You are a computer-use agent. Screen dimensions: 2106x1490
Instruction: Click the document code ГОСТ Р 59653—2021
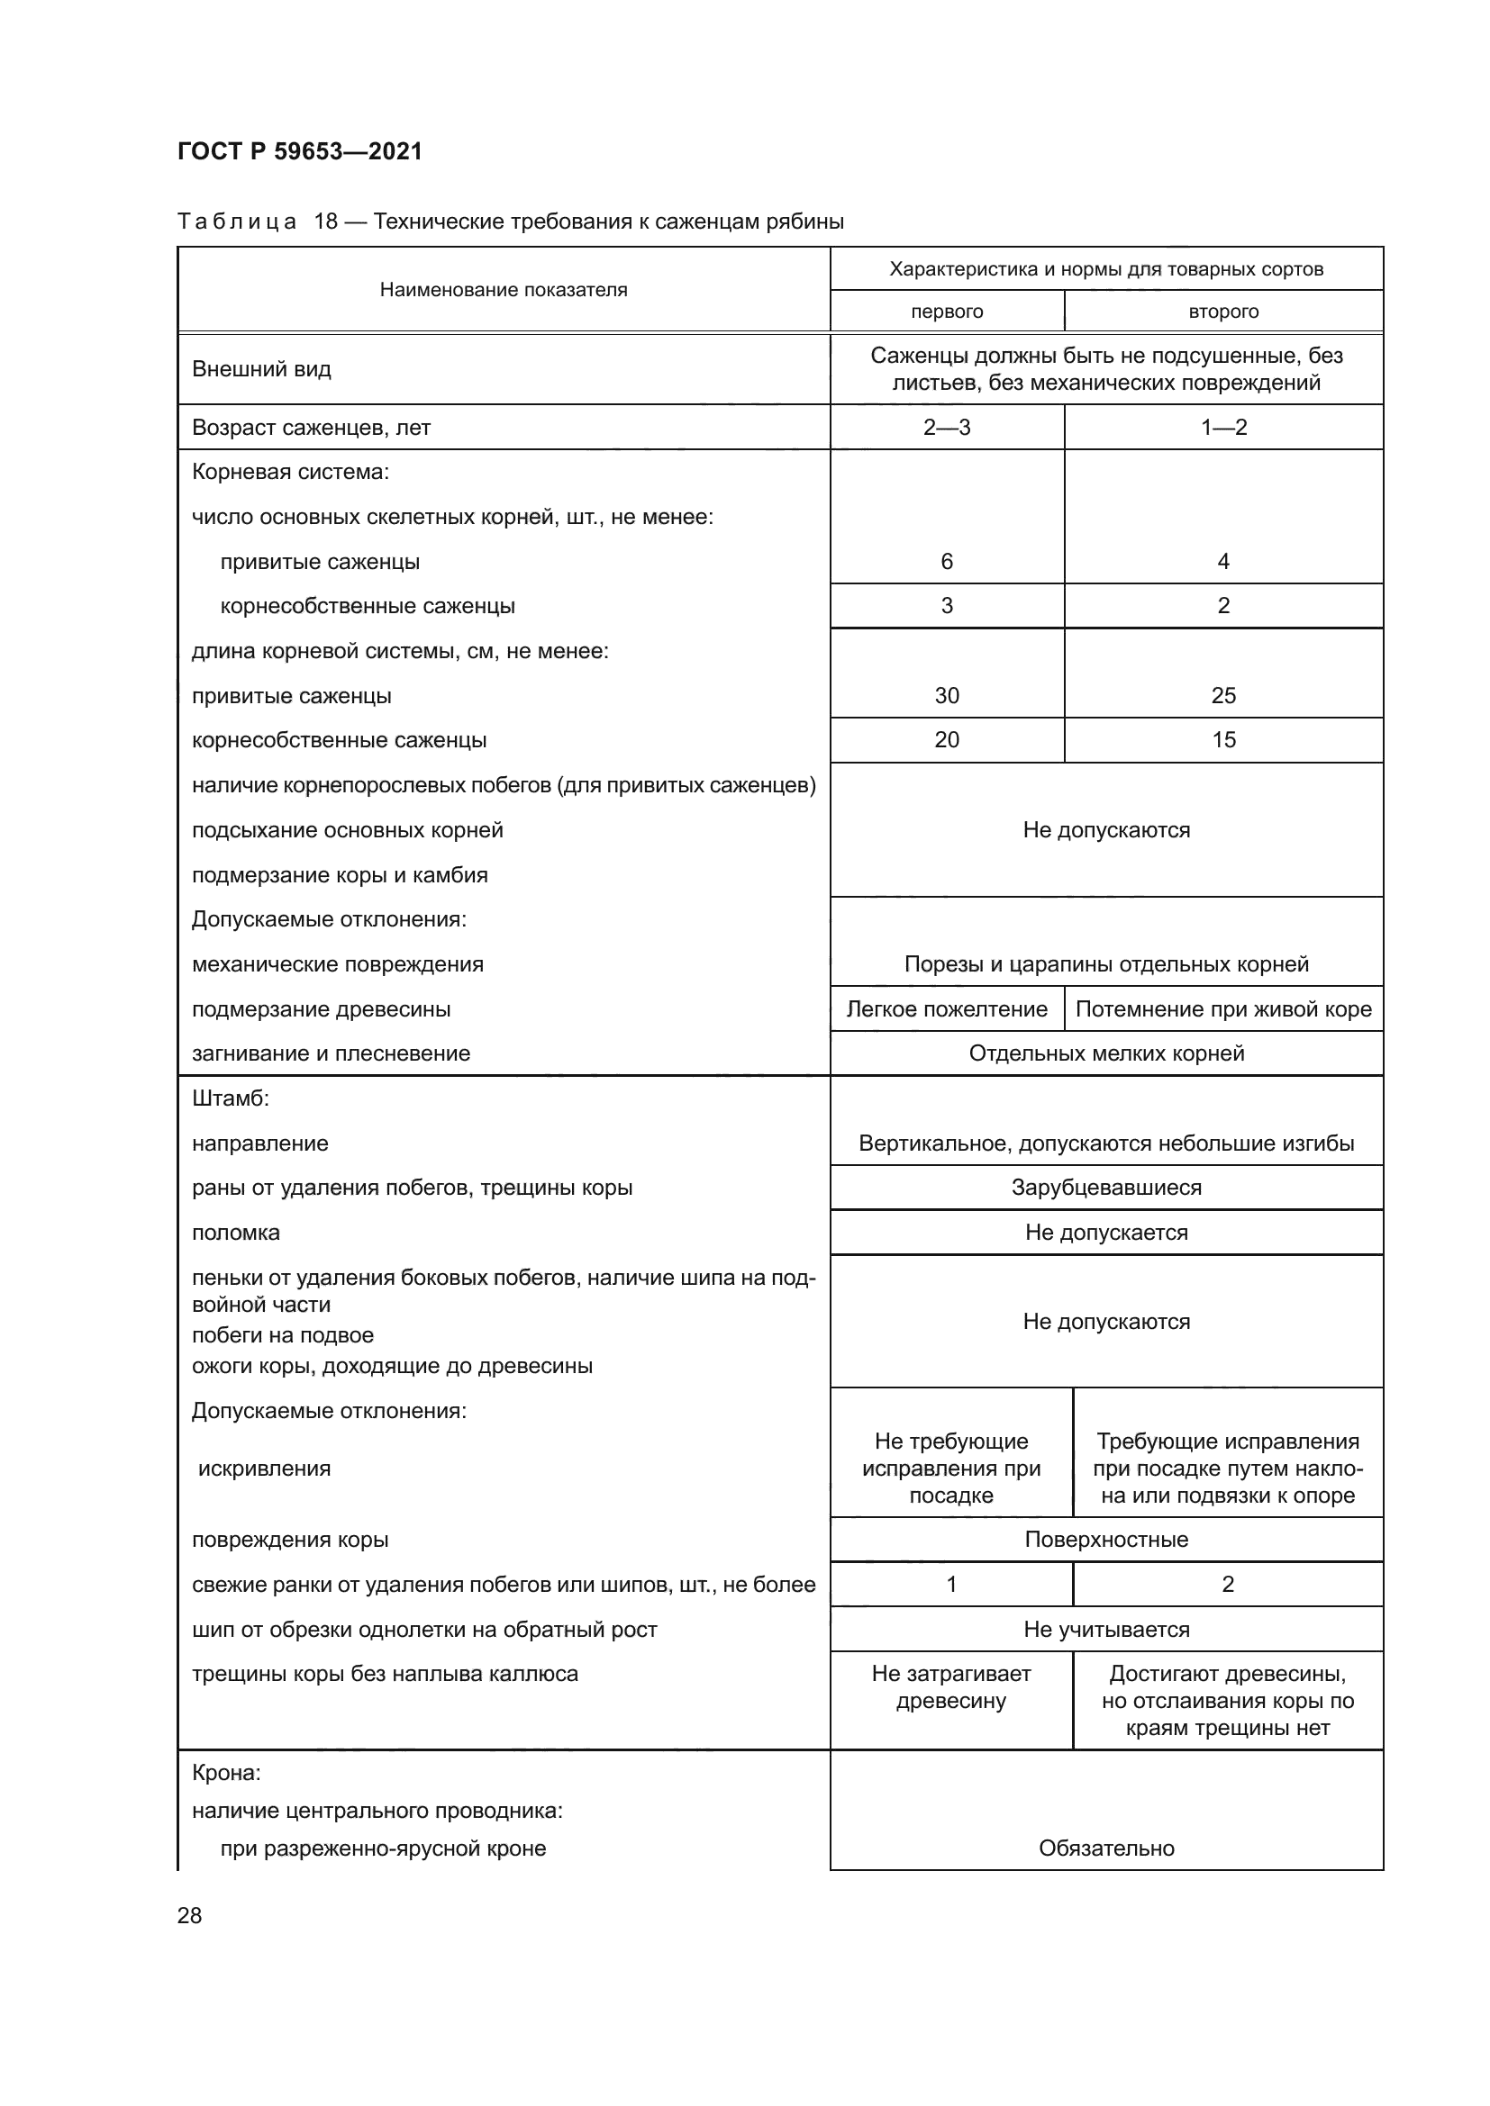point(299,151)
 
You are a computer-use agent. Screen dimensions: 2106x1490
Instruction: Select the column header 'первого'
point(946,312)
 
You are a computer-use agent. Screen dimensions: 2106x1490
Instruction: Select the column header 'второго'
point(1223,312)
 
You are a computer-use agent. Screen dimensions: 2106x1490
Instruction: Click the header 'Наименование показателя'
point(503,290)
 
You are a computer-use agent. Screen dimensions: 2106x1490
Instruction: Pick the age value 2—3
point(946,428)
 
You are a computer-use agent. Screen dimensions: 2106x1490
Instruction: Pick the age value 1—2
point(1223,428)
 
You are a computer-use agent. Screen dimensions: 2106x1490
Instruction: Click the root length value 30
point(946,695)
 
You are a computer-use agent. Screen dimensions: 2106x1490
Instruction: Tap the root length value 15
point(1223,739)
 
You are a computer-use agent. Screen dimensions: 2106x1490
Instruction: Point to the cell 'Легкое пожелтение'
point(946,1009)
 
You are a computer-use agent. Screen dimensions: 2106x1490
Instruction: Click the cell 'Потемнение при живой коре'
point(1223,1009)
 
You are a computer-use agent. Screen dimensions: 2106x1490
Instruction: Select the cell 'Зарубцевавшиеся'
point(1105,1188)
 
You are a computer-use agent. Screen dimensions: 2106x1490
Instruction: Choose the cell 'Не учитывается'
point(1105,1629)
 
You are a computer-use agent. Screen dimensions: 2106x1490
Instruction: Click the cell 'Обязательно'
point(1105,1848)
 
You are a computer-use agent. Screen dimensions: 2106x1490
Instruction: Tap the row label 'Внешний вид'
point(261,370)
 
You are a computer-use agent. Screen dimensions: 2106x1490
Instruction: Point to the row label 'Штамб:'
point(231,1098)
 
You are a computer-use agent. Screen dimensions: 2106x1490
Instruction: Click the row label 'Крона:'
point(227,1773)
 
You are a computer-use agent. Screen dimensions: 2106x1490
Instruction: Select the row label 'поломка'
point(236,1233)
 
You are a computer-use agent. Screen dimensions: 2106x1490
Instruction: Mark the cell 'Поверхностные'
point(1105,1540)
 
